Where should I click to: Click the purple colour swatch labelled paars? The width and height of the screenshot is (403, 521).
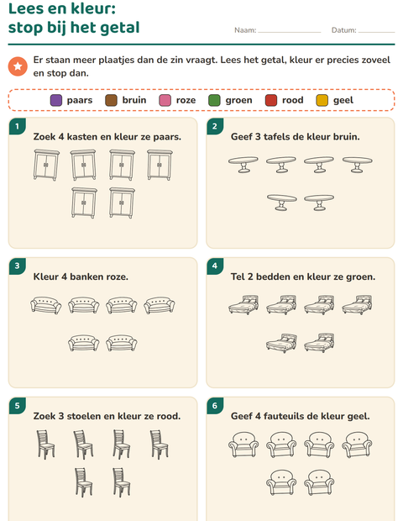[x=56, y=100]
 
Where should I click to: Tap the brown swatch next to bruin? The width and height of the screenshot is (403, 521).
[x=111, y=100]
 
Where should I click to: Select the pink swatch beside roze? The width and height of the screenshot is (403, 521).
[x=165, y=100]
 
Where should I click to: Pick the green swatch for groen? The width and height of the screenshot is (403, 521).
[x=214, y=100]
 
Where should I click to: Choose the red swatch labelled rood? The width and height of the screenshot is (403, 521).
[x=271, y=100]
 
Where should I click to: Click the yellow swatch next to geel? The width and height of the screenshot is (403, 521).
[x=322, y=100]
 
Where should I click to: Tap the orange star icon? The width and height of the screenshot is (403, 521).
[x=18, y=66]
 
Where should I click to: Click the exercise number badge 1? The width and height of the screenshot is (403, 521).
[x=18, y=126]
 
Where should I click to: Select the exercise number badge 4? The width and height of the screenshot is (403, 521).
[x=215, y=266]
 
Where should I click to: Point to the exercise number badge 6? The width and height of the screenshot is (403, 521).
[x=215, y=406]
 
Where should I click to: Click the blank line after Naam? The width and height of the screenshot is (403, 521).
[x=290, y=32]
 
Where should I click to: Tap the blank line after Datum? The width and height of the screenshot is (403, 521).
[x=377, y=32]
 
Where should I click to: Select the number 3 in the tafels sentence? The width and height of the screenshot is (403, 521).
[x=258, y=137]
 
